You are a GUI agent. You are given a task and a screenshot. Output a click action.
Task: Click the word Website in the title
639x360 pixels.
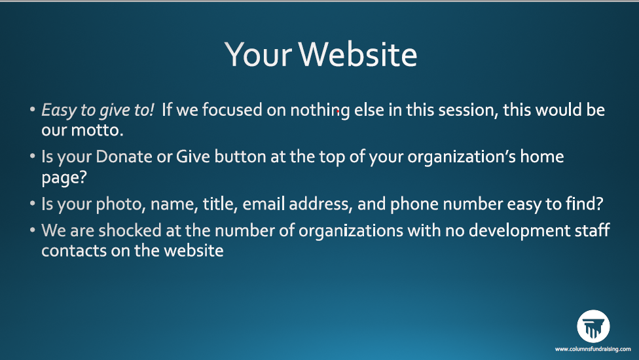358,54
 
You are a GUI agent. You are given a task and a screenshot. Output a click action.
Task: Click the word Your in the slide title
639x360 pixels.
258,54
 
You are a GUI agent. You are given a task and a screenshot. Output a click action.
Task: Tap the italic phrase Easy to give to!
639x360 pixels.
98,111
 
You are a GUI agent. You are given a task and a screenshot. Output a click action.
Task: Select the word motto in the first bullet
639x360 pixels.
97,130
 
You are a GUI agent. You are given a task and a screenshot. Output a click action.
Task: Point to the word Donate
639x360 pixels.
124,157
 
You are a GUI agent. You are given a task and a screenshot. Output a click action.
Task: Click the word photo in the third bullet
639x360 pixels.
120,204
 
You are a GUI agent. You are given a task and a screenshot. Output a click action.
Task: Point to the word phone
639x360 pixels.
414,204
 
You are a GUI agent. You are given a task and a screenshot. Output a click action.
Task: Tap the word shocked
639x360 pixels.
130,230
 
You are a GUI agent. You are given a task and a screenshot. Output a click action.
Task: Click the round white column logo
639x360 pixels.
593,327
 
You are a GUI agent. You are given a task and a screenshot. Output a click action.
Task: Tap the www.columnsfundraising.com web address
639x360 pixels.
593,349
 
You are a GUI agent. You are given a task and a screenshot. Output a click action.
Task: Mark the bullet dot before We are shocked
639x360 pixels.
33,230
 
